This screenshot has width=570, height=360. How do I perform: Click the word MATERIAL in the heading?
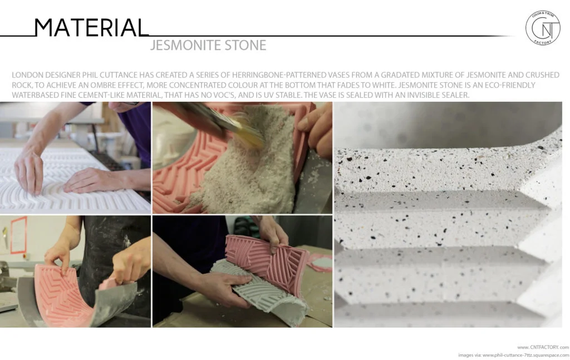click(90, 27)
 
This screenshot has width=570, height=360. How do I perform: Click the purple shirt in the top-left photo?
click(137, 134)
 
